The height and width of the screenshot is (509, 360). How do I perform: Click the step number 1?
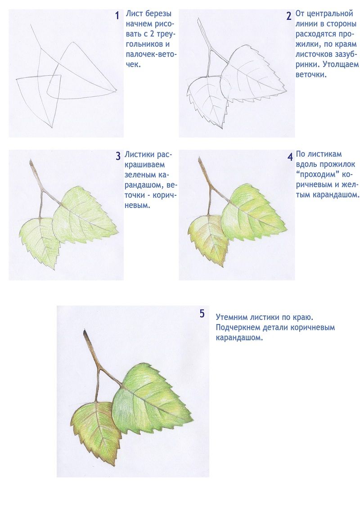click(x=117, y=15)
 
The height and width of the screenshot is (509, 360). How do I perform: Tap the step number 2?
click(x=288, y=16)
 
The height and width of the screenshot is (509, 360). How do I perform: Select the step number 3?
click(x=118, y=156)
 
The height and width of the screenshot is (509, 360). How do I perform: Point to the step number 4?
click(x=290, y=157)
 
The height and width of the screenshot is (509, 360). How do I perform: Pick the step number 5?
click(x=202, y=314)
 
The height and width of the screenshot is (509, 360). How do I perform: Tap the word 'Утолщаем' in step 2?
click(x=341, y=64)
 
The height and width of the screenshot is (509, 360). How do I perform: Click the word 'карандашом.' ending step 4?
click(x=336, y=195)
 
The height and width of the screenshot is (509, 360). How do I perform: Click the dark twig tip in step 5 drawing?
click(x=85, y=333)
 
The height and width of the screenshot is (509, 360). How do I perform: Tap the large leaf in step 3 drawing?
click(x=84, y=214)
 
